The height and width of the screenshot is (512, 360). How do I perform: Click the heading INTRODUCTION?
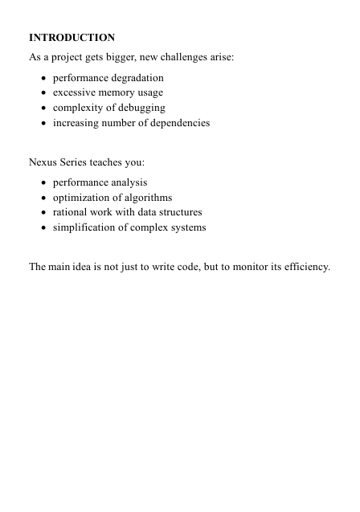click(x=72, y=38)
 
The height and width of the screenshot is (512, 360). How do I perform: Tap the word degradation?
click(x=136, y=78)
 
